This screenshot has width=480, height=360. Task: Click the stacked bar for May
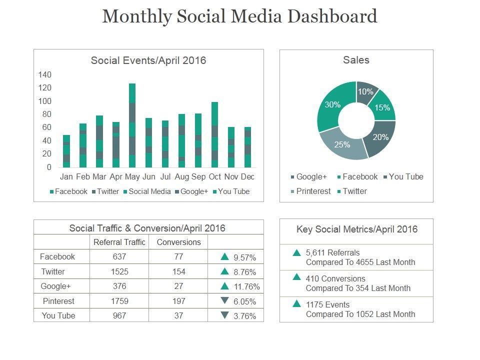pyautogui.click(x=132, y=125)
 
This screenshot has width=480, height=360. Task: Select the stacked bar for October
pyautogui.click(x=214, y=134)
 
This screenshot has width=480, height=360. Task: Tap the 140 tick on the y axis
pyautogui.click(x=45, y=75)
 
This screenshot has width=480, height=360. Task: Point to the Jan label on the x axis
pyautogui.click(x=66, y=176)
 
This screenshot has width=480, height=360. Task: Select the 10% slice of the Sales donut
pyautogui.click(x=365, y=91)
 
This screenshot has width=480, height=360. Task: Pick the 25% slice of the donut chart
pyautogui.click(x=342, y=144)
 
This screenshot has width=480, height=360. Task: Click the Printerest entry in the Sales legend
pyautogui.click(x=313, y=191)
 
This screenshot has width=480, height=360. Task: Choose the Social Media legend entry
pyautogui.click(x=149, y=191)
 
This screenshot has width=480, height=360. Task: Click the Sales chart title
pyautogui.click(x=356, y=60)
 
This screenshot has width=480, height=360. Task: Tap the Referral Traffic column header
pyautogui.click(x=119, y=242)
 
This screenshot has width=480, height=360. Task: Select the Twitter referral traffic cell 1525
pyautogui.click(x=119, y=271)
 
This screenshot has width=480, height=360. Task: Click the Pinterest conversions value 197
pyautogui.click(x=178, y=301)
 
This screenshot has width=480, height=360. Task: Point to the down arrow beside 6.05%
pyautogui.click(x=224, y=301)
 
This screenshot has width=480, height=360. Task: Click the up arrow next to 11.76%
pyautogui.click(x=224, y=286)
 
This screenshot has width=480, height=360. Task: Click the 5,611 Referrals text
pyautogui.click(x=332, y=252)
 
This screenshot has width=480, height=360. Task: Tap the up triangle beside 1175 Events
pyautogui.click(x=296, y=303)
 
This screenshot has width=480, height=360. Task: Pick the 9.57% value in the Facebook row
pyautogui.click(x=244, y=258)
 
